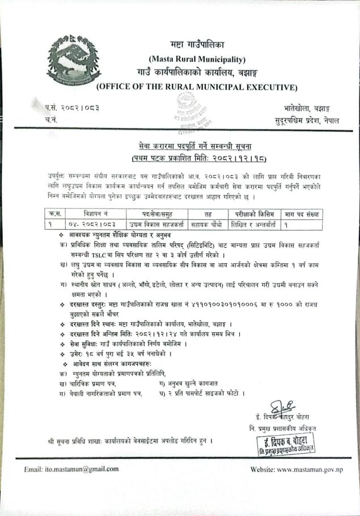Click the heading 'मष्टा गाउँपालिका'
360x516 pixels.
point(197,45)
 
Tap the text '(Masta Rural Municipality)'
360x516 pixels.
point(197,59)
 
